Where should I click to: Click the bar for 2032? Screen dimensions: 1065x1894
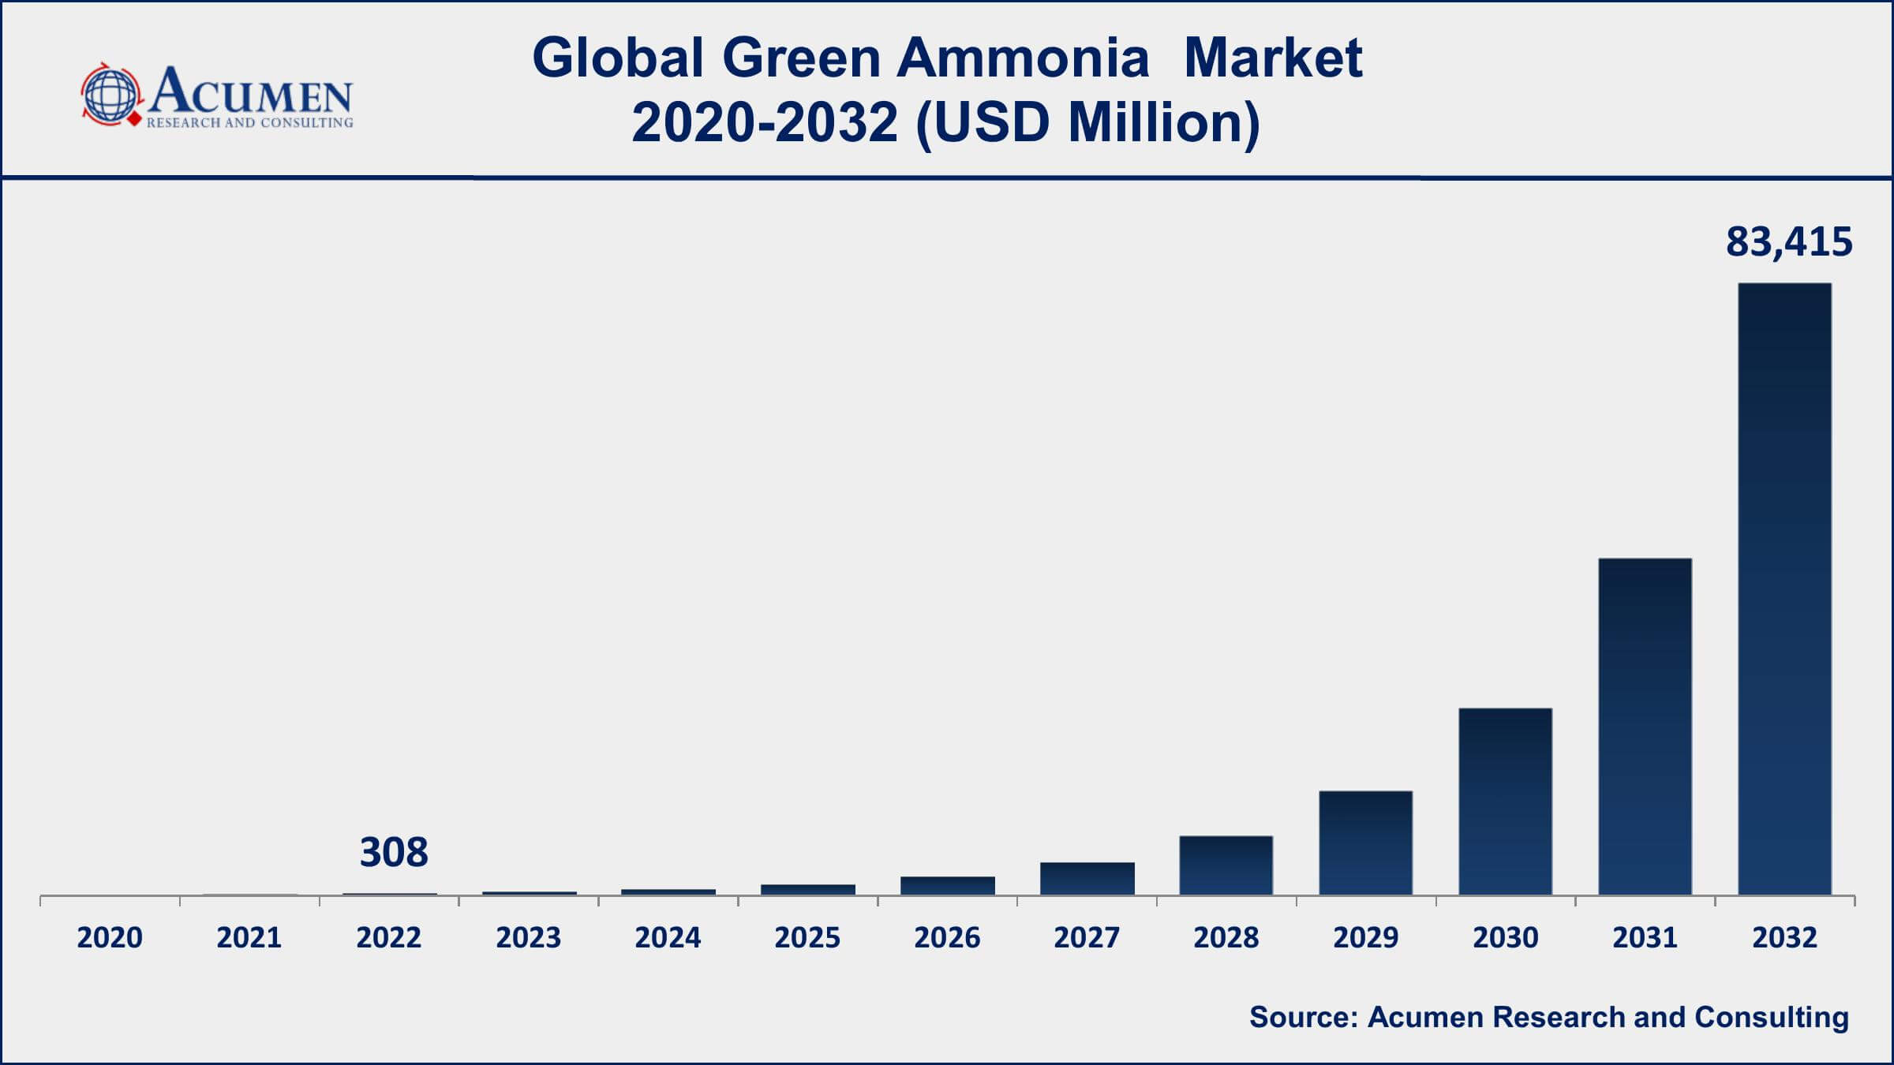click(1785, 589)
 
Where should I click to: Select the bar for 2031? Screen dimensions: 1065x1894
click(1645, 727)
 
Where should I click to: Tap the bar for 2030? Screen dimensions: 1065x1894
click(1506, 802)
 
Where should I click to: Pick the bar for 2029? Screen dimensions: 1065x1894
click(1366, 843)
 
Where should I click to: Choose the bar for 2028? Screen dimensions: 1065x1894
click(1226, 865)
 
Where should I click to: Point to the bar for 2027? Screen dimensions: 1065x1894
click(1087, 879)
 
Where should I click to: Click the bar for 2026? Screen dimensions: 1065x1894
click(948, 886)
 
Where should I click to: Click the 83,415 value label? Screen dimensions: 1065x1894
click(1789, 242)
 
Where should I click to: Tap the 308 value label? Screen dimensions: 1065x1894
click(394, 853)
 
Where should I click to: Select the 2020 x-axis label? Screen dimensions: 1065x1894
click(110, 938)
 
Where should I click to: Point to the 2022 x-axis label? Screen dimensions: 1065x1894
click(389, 938)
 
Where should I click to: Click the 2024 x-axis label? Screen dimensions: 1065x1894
click(668, 938)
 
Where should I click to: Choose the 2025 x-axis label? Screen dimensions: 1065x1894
click(807, 938)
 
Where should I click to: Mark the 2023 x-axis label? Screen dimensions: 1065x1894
click(529, 938)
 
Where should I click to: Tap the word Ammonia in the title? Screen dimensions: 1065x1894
click(1022, 58)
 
